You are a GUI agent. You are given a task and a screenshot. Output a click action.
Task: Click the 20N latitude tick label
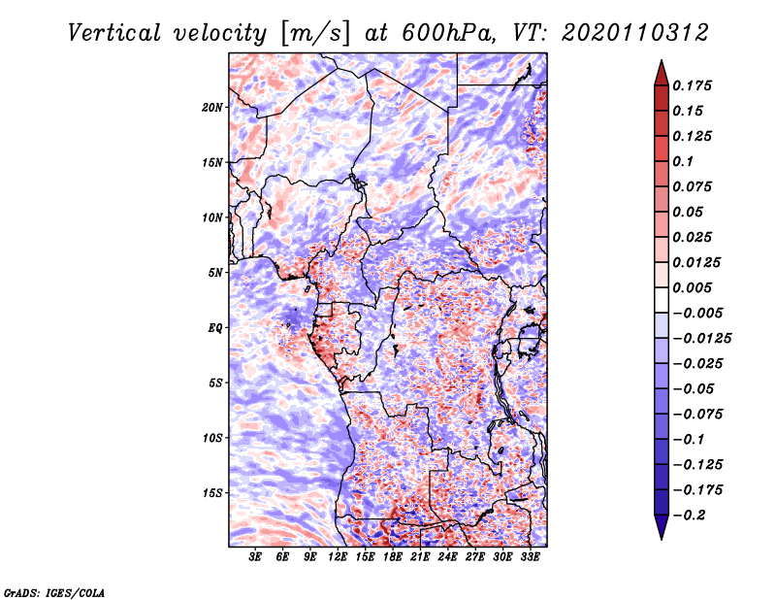tap(212, 107)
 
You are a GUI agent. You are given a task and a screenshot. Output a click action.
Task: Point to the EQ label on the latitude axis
tap(215, 327)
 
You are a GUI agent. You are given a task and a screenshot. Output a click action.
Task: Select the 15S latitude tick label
tap(212, 492)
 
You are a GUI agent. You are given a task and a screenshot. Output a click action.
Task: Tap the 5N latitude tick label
tap(215, 273)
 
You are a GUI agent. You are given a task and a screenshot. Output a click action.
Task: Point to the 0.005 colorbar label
tap(695, 288)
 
